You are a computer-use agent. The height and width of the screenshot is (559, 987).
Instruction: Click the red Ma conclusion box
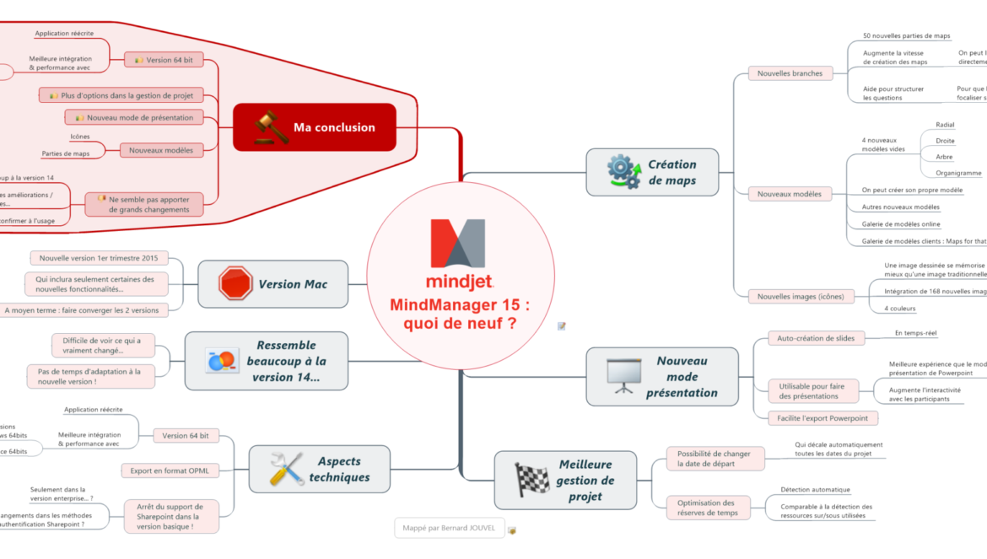(315, 127)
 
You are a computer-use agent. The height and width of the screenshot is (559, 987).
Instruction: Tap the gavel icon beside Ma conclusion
(271, 127)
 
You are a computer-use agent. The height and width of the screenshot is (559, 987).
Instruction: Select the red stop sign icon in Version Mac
(235, 284)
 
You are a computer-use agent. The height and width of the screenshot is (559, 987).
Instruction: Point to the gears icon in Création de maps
(624, 172)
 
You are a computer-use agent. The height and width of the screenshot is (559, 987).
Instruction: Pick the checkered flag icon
(532, 480)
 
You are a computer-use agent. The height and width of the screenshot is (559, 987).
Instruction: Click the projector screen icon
(625, 376)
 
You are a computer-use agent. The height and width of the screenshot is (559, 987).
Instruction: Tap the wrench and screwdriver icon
(287, 470)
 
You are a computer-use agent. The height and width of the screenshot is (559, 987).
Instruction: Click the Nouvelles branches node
(790, 73)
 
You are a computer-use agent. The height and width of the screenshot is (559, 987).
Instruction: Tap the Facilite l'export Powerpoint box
(822, 418)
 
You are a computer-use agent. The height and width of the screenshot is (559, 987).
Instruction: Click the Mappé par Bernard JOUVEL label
(449, 529)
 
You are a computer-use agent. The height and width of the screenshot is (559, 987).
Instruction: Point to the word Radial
(945, 125)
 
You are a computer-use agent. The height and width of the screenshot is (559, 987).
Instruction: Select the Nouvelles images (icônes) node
(801, 296)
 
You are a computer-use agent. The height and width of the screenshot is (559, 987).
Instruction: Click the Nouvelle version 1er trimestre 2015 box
(99, 258)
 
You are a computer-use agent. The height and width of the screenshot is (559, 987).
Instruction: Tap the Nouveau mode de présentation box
(134, 117)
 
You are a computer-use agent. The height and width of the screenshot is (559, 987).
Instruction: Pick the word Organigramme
(958, 173)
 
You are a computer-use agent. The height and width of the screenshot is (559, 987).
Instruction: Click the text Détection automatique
(815, 489)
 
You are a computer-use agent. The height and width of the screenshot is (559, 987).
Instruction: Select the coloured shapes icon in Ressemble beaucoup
(222, 361)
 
